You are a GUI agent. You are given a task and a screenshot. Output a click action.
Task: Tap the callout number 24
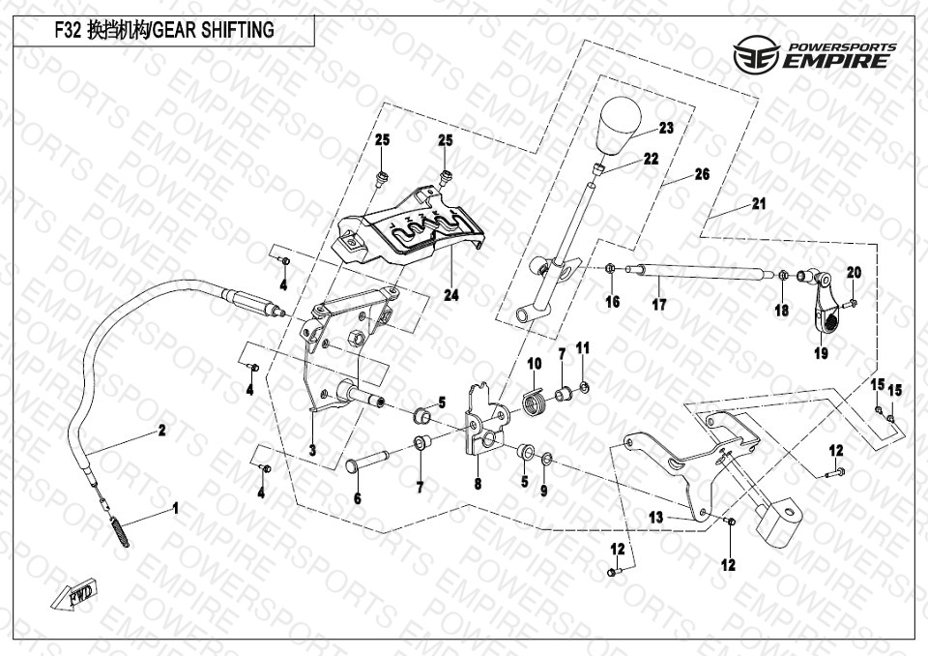[x=451, y=295]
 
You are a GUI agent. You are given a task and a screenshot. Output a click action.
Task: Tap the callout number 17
[x=658, y=304]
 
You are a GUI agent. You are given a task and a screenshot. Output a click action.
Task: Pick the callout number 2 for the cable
[x=162, y=430]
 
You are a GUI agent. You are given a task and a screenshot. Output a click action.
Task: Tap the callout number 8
[x=477, y=484]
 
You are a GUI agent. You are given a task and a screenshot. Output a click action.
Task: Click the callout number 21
[x=759, y=204]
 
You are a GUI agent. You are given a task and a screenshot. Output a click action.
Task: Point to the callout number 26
[x=702, y=174]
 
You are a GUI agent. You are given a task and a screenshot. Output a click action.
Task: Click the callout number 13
[x=656, y=518]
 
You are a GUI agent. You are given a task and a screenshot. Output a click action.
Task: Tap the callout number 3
[x=312, y=450]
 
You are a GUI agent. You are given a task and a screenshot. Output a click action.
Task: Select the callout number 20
[x=854, y=273]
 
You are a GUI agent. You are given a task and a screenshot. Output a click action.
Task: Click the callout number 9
[x=543, y=491]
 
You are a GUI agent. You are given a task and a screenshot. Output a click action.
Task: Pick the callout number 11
[x=582, y=347]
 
